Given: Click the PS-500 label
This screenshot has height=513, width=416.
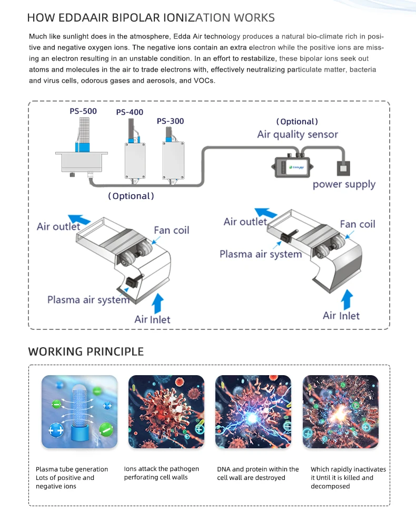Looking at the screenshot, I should coord(83,111).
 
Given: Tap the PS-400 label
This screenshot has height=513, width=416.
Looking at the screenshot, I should coord(130,112).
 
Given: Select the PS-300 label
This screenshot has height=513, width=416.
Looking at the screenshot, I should coord(170,121).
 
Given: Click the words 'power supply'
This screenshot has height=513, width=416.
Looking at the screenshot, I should coord(344,184).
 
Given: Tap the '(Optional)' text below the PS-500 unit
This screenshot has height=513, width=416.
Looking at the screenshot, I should coord(131,196).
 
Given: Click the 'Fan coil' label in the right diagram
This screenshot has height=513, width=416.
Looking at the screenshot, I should coord(358,224).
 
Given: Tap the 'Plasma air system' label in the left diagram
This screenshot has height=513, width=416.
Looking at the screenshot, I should coord(88,299).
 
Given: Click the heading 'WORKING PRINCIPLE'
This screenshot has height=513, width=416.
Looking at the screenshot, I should coord(86,351).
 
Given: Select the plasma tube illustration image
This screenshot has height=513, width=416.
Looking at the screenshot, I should coord(80,411).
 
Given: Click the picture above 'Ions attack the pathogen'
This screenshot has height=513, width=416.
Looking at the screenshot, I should coord(166,411).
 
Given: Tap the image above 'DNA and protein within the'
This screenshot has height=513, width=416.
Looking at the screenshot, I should coord(253,411).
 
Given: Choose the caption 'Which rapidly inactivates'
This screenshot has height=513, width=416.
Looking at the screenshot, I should coord(348,469).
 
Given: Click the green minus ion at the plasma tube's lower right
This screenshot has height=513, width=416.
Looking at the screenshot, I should coord(106,429).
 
